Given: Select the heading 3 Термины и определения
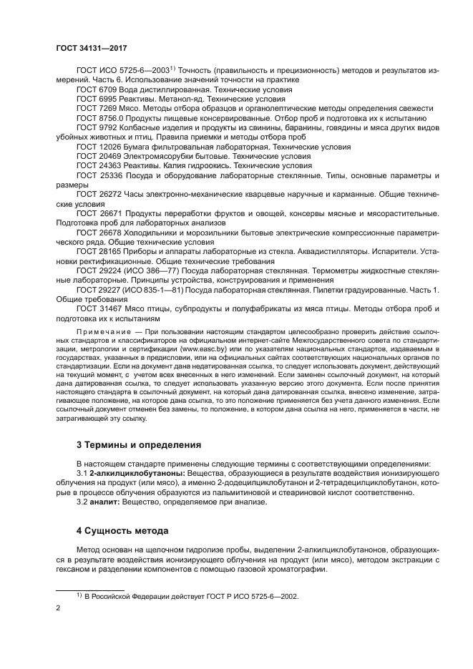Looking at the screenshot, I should (x=139, y=445).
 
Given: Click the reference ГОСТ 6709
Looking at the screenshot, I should (x=98, y=91).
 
